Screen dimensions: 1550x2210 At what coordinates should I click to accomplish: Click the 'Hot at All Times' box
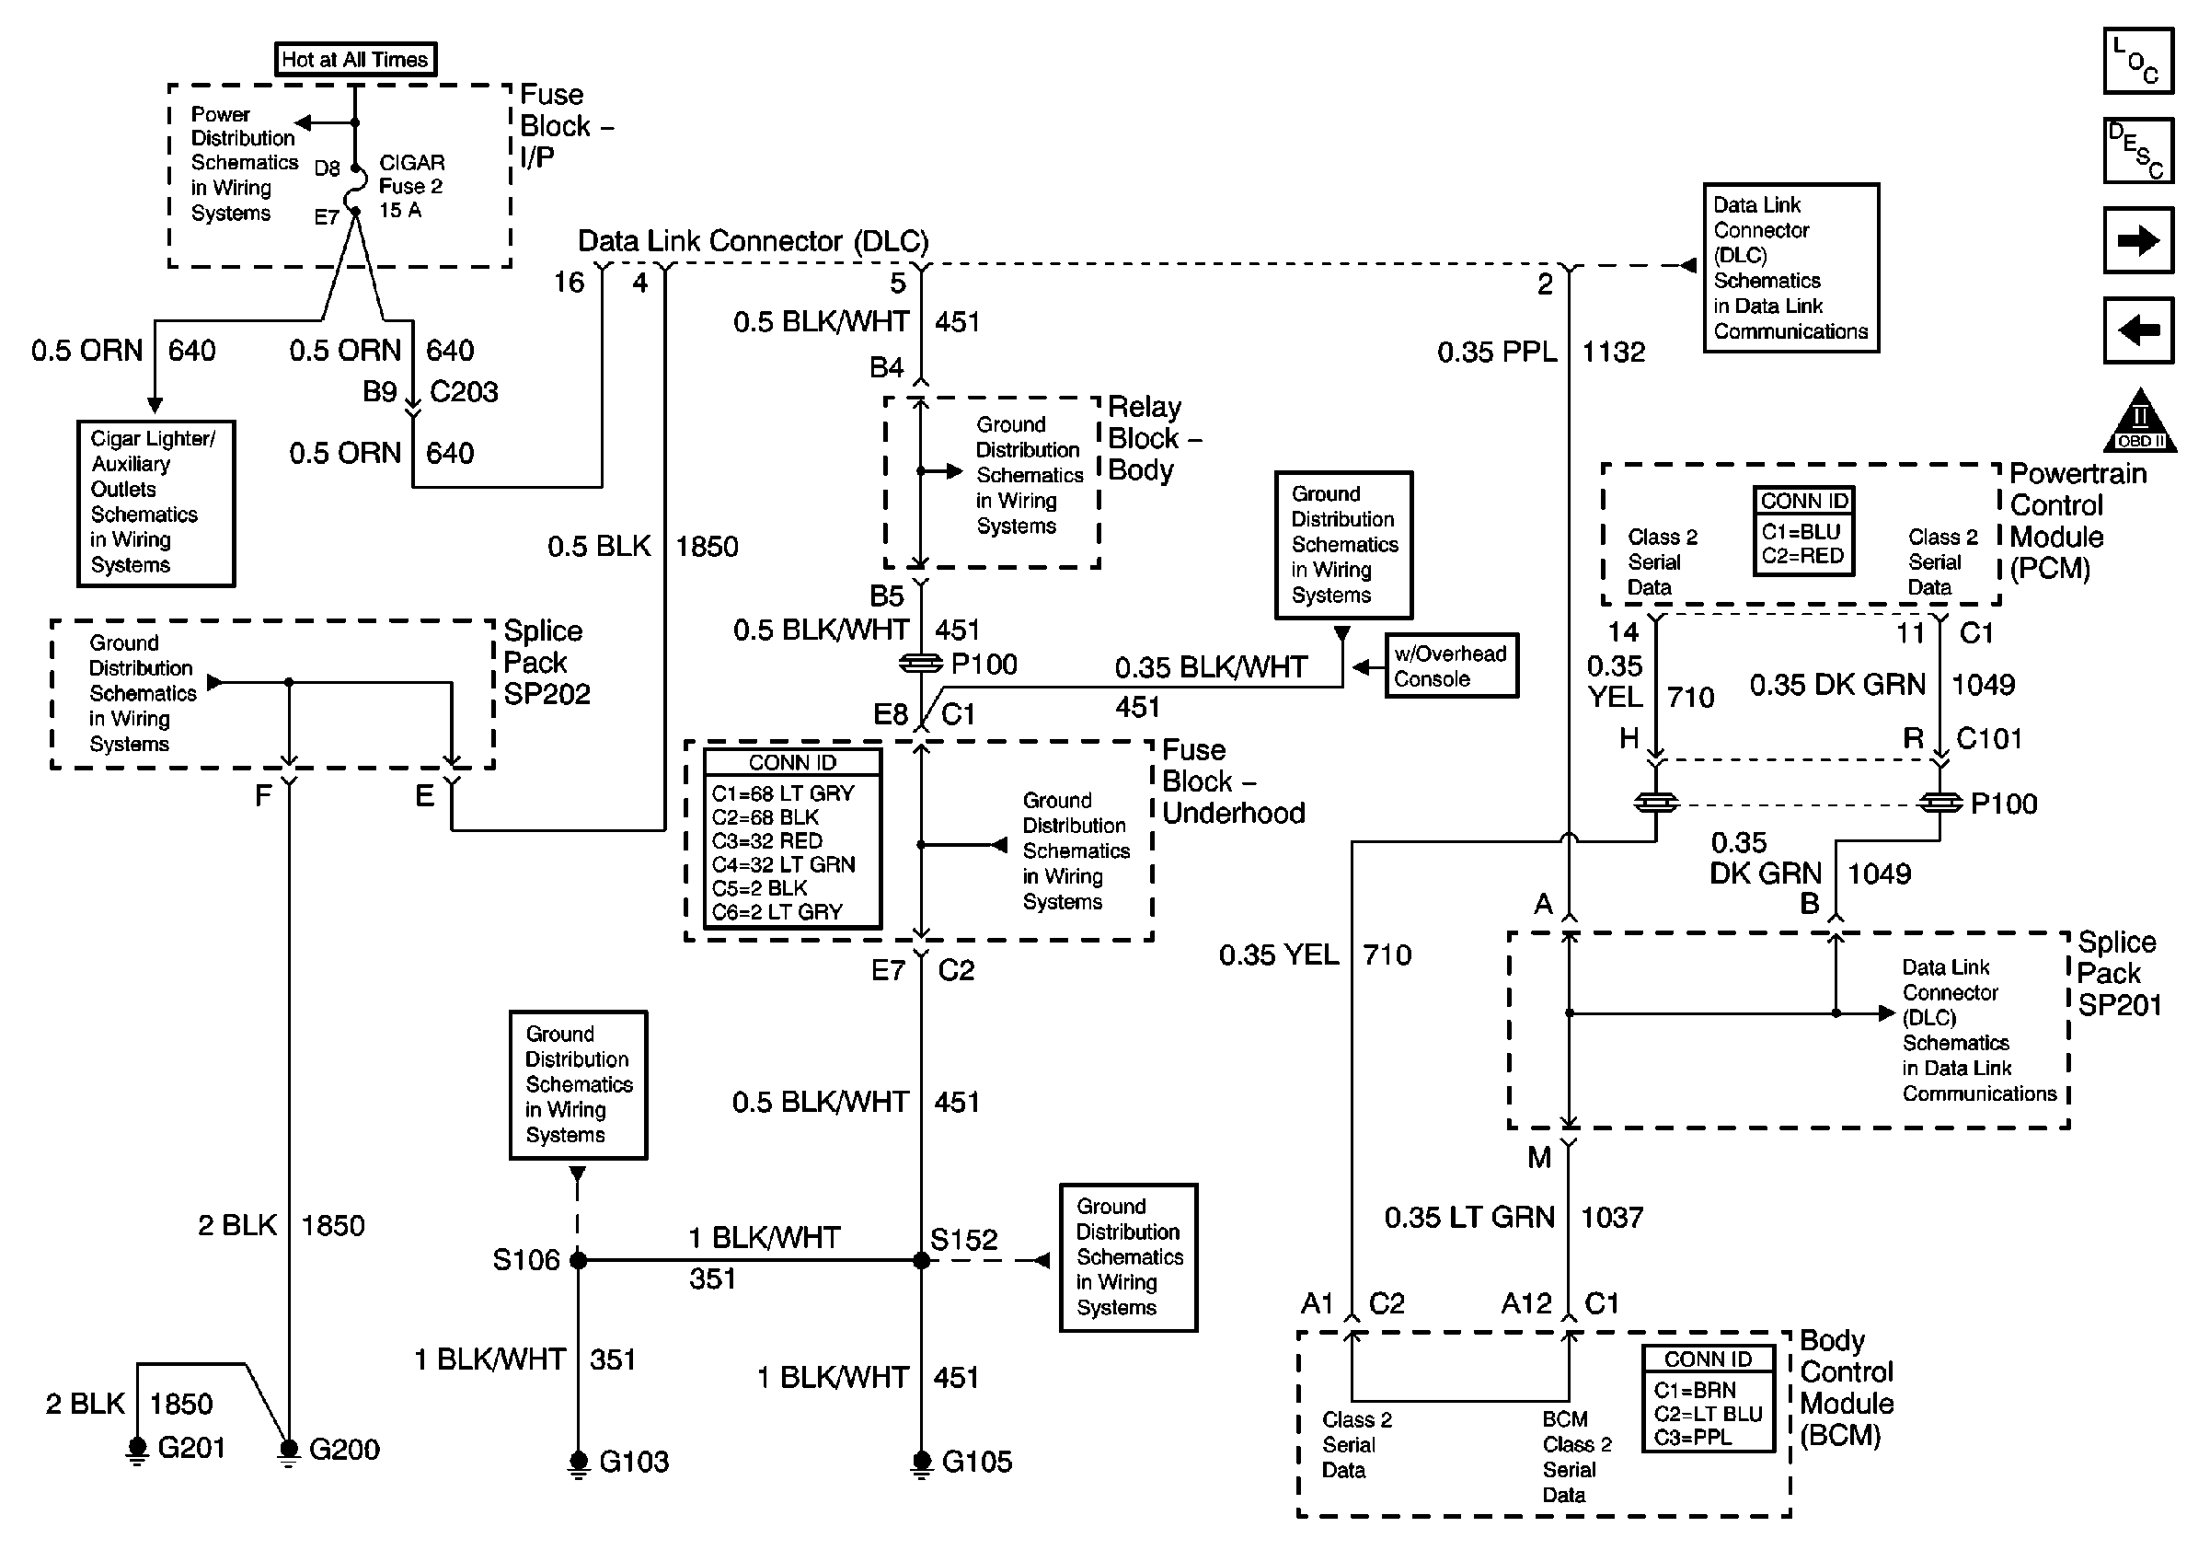(x=355, y=60)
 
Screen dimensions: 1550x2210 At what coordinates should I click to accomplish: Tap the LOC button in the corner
(x=2138, y=61)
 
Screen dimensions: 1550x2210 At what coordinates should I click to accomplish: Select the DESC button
(x=2138, y=151)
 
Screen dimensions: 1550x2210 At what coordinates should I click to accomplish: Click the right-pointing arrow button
(x=2138, y=240)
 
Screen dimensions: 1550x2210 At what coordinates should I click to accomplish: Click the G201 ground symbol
(x=138, y=1449)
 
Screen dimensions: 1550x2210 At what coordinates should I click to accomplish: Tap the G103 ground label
(x=633, y=1463)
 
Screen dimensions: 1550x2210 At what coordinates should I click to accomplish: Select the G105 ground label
(x=976, y=1463)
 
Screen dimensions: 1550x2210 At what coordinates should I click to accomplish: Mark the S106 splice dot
(x=579, y=1260)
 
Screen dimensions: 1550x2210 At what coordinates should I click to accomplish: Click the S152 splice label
(x=963, y=1240)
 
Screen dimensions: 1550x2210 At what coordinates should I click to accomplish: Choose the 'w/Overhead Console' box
(x=1451, y=666)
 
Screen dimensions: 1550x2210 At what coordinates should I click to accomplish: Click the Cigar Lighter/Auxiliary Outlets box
(x=155, y=503)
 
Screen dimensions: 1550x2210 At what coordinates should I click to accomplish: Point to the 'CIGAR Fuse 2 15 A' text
(x=411, y=187)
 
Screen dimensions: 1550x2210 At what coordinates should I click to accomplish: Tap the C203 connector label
(x=463, y=393)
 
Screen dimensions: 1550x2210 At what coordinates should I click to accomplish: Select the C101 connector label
(x=1988, y=739)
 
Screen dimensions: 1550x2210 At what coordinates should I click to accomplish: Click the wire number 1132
(x=1613, y=353)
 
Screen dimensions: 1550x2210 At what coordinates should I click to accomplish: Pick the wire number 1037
(x=1611, y=1218)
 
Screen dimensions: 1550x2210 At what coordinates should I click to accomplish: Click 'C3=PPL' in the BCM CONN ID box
(x=1692, y=1438)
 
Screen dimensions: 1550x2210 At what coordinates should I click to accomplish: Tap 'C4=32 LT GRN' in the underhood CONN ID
(x=783, y=864)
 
